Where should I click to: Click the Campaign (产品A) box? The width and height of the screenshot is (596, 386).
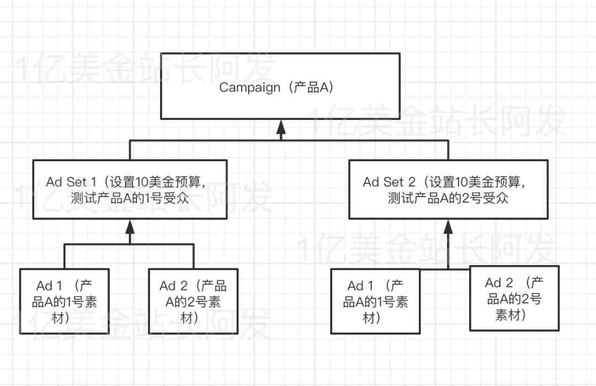280,86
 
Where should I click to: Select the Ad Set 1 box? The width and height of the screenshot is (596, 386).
130,189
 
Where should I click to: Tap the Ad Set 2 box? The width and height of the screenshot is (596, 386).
448,189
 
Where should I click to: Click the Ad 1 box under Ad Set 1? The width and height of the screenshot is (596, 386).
64,301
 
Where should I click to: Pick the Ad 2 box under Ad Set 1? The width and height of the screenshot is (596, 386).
193,301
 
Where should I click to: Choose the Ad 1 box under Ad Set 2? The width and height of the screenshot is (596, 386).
375,301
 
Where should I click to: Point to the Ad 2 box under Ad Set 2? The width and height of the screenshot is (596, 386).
514,298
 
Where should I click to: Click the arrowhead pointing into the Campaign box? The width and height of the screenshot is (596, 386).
281,127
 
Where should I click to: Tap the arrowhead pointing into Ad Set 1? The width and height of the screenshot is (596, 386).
130,226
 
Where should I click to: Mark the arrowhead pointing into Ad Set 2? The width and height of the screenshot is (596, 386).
448,226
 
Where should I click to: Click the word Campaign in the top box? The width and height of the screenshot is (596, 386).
250,87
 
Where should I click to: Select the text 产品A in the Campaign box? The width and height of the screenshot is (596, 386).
311,87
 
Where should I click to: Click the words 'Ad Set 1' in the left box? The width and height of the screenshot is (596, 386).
71,182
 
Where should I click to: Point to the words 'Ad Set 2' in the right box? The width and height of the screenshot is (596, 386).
389,182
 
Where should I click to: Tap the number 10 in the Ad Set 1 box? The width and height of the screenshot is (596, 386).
141,182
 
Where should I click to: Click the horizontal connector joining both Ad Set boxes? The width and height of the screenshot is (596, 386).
289,141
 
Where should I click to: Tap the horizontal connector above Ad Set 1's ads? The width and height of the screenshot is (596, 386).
129,244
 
